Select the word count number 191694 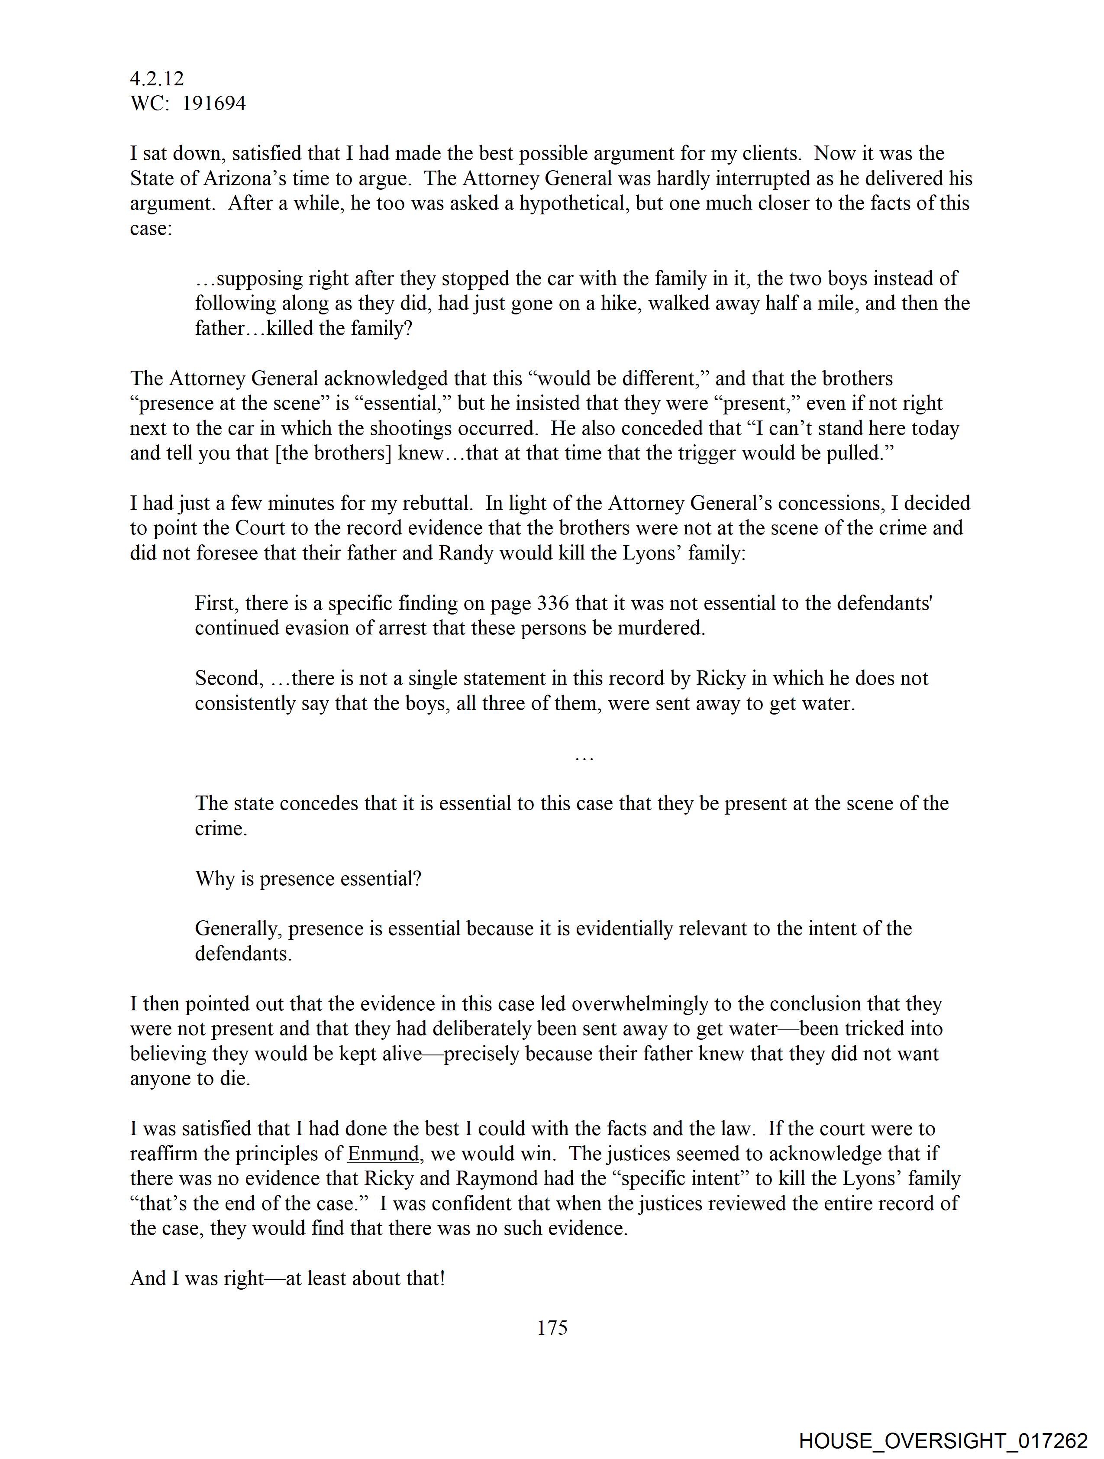[x=214, y=104]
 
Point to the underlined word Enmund [x=383, y=1154]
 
